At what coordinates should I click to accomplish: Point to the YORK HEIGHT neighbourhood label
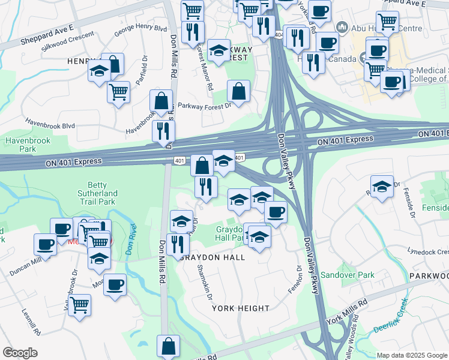(x=241, y=308)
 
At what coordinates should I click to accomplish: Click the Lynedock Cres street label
(x=427, y=251)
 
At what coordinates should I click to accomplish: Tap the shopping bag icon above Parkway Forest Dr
(x=238, y=92)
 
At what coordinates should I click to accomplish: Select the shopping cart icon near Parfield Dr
(x=118, y=92)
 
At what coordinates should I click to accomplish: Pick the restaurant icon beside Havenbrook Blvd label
(x=163, y=130)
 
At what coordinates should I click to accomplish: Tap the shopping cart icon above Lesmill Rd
(x=79, y=305)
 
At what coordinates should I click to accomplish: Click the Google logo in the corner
(x=20, y=353)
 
